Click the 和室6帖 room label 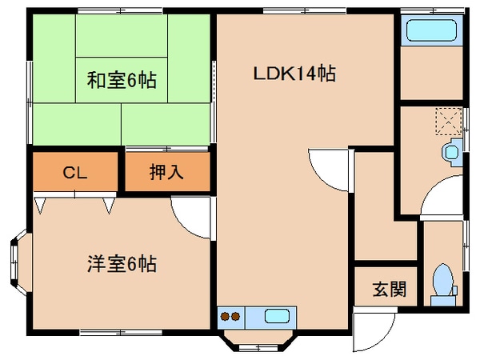(x=122, y=80)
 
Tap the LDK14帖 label (x=294, y=74)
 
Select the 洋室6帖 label (x=122, y=262)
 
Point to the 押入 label (x=166, y=172)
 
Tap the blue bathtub (x=431, y=33)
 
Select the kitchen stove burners (x=230, y=315)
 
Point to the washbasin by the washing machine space (x=453, y=149)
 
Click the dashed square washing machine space (x=449, y=121)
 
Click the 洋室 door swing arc (x=193, y=218)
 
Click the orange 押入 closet (x=166, y=172)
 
